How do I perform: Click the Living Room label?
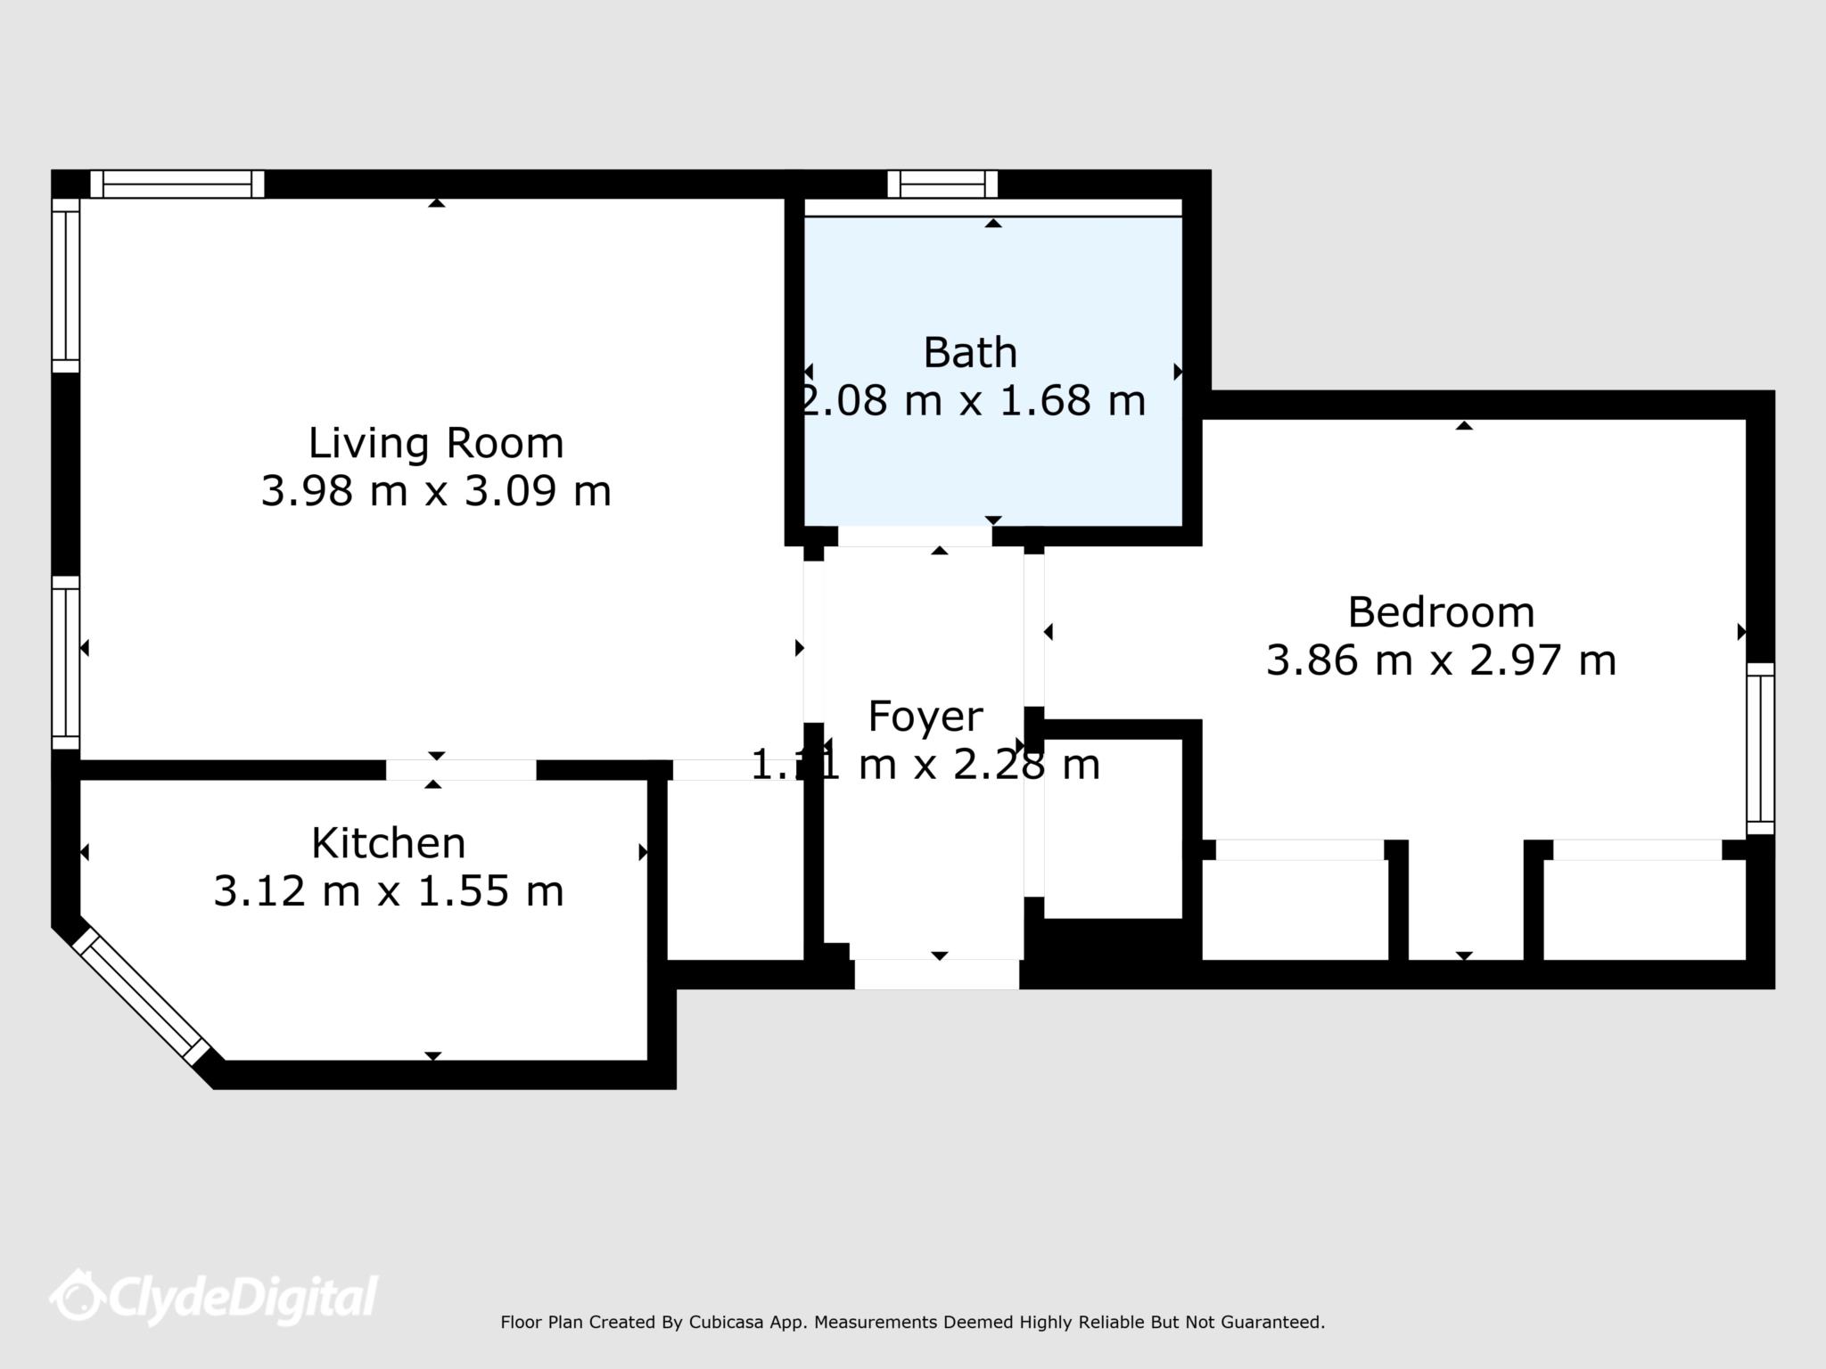click(435, 444)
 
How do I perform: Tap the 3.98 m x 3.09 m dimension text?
click(435, 491)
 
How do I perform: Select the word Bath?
click(970, 353)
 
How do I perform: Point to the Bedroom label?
click(1441, 612)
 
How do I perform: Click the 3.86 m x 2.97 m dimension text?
click(1441, 660)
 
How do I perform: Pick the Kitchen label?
click(388, 843)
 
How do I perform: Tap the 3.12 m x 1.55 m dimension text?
click(388, 890)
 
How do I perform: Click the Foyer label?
click(925, 717)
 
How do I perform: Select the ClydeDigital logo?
click(214, 1297)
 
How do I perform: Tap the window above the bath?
click(942, 184)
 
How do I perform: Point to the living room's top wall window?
click(177, 184)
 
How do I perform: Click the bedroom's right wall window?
click(1759, 748)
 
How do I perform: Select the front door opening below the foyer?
click(936, 974)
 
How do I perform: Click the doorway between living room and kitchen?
click(461, 770)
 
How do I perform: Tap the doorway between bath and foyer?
click(915, 537)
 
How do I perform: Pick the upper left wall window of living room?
click(65, 285)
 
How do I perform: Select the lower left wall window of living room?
click(65, 662)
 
